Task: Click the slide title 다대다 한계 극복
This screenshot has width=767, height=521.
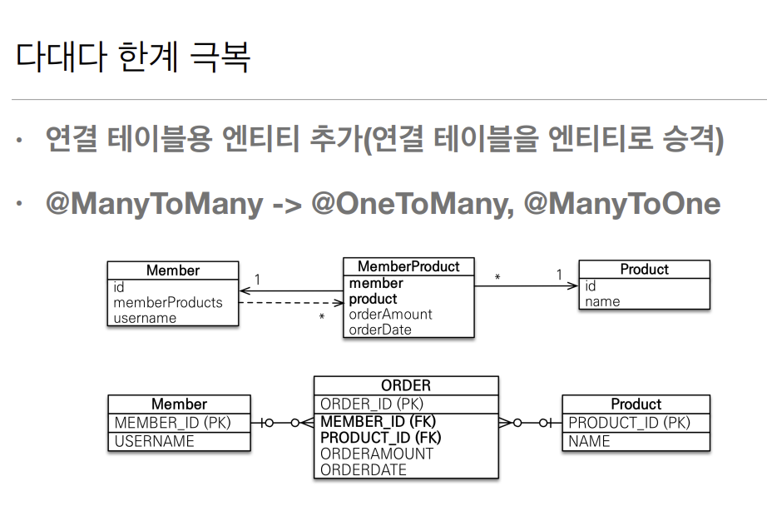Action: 132,56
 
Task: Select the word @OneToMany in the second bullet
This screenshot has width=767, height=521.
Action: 408,204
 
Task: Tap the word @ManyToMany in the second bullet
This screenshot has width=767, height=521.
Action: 155,204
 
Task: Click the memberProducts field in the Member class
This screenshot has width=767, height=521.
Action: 168,302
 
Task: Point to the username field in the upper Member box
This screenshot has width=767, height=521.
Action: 145,318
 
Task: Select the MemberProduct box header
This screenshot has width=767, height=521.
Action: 408,267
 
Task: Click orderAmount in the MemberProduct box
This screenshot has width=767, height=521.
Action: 390,315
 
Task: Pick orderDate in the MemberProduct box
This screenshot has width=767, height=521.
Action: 380,330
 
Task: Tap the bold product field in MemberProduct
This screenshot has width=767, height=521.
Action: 374,299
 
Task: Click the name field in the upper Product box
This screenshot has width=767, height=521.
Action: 602,301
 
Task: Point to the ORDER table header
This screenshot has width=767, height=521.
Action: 406,385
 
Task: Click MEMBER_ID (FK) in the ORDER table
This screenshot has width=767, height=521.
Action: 378,421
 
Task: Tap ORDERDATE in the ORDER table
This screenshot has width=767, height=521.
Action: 364,470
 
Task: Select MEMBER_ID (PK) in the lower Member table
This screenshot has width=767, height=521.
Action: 172,423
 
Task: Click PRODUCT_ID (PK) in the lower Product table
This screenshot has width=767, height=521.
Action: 629,423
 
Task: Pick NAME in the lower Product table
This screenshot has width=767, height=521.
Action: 589,441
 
